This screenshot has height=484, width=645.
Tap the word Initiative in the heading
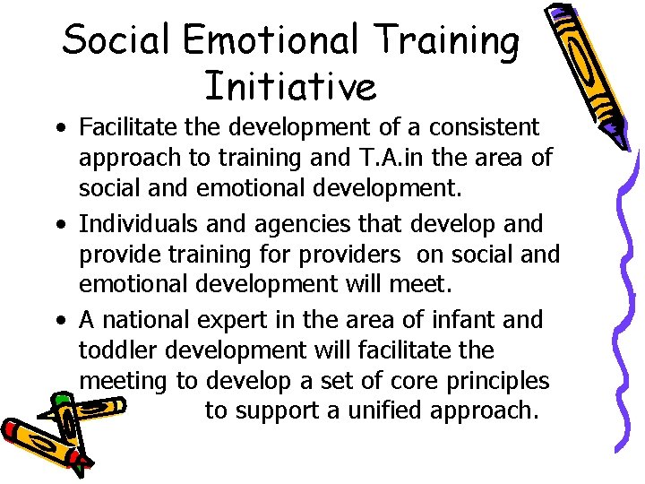tap(290, 87)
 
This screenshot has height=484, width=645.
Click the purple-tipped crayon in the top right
tap(583, 72)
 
